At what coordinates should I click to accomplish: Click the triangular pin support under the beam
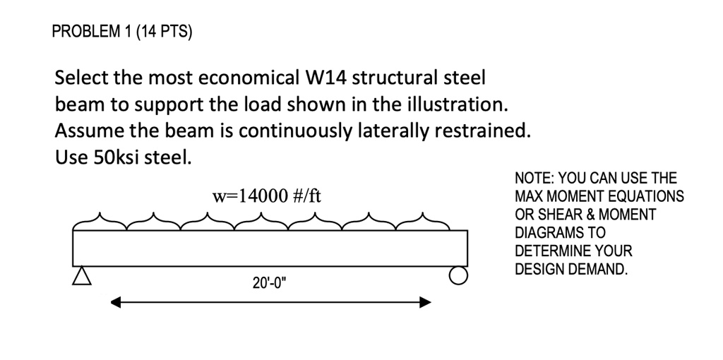pyautogui.click(x=83, y=274)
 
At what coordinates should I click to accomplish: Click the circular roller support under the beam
pyautogui.click(x=459, y=275)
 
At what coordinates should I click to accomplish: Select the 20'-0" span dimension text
pyautogui.click(x=270, y=284)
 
